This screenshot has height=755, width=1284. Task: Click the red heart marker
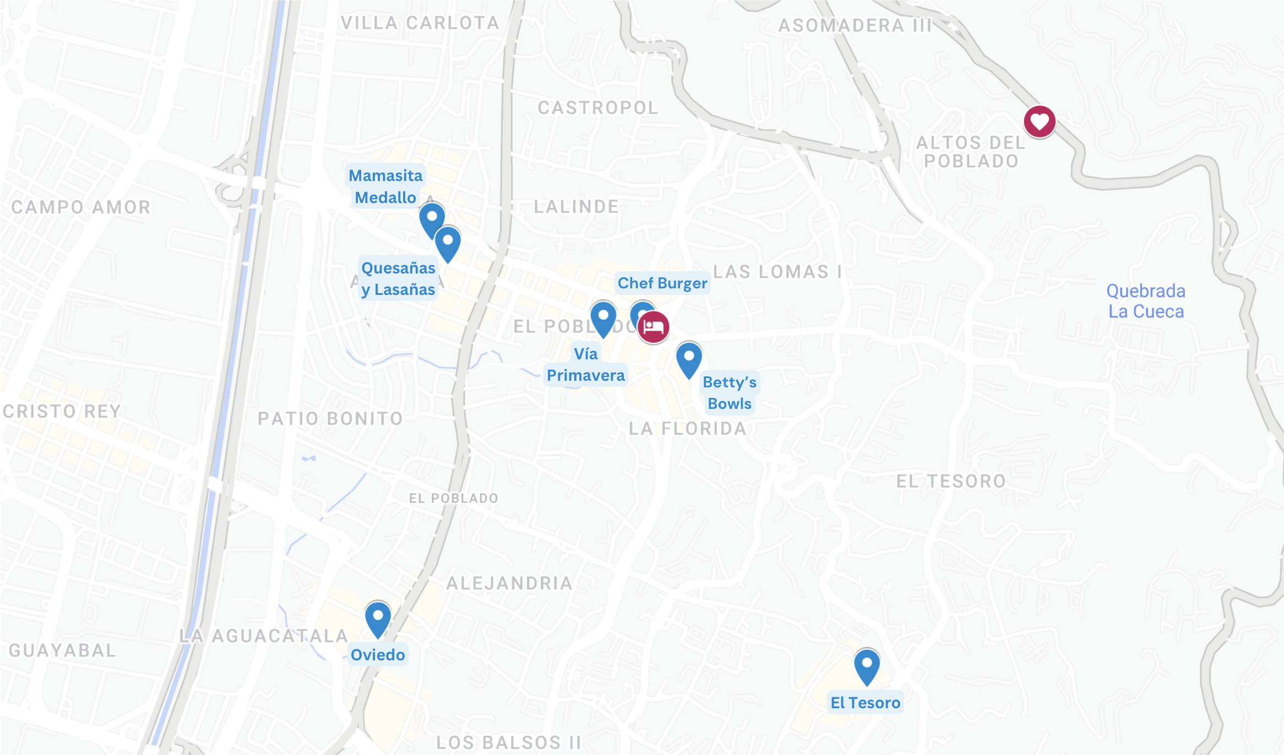click(x=1040, y=122)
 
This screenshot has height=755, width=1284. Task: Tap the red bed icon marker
click(x=653, y=327)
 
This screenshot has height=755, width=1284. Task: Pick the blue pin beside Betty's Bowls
click(x=689, y=358)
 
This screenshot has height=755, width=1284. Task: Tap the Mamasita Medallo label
click(x=385, y=186)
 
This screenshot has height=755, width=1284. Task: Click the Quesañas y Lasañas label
click(x=398, y=278)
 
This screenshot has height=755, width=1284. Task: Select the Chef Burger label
click(x=662, y=283)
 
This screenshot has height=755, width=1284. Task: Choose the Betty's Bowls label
click(x=730, y=392)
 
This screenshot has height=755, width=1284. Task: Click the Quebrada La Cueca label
click(x=1146, y=301)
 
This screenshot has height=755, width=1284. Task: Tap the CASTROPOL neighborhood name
click(x=598, y=108)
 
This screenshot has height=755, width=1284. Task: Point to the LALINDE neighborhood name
click(x=576, y=207)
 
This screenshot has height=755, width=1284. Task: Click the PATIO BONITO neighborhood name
click(x=330, y=419)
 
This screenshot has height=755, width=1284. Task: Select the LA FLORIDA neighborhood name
click(x=688, y=429)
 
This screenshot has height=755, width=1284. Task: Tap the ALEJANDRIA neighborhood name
click(x=509, y=583)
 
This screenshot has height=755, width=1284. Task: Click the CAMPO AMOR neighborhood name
click(x=81, y=207)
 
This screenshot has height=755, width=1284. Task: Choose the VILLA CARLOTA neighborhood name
click(x=420, y=23)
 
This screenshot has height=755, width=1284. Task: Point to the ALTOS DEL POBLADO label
click(x=971, y=152)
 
